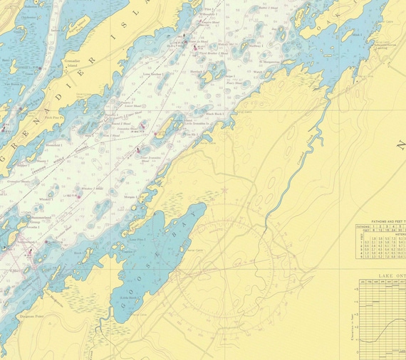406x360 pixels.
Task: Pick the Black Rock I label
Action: click(214, 113)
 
